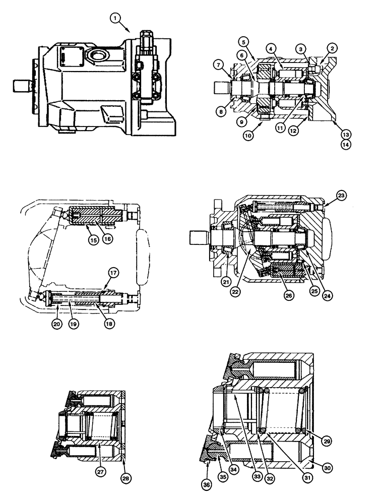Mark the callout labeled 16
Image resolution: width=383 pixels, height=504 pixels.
tap(107, 240)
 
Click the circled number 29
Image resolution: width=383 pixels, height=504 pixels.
tap(328, 441)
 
